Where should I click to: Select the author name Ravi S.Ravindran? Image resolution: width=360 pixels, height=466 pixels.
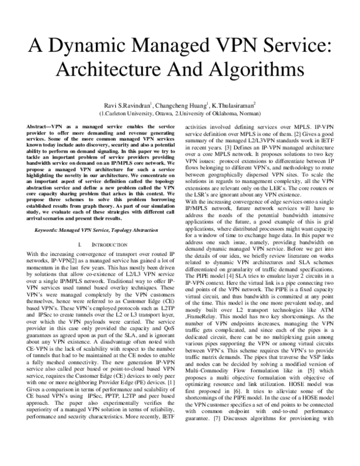pos(126,104)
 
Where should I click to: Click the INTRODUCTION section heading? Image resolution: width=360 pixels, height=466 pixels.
pos(104,229)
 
